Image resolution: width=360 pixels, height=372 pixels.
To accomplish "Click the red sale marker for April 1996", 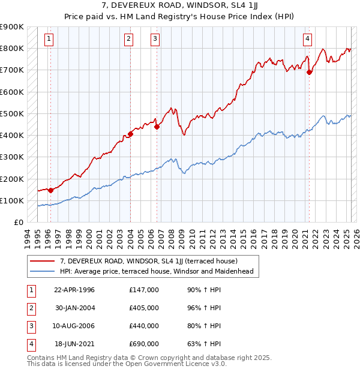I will (50, 190).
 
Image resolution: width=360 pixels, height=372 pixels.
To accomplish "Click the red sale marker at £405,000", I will (130, 134).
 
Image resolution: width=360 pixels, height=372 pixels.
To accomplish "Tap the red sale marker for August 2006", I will (156, 127).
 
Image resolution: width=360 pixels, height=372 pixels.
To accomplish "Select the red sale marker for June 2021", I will (309, 72).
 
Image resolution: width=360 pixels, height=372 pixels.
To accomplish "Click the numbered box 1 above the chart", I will (49, 40).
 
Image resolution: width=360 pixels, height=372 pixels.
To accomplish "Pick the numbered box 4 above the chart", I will (307, 40).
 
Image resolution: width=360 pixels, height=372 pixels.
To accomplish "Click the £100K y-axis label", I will (12, 200).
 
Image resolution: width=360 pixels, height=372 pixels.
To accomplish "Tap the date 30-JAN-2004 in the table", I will (74, 308).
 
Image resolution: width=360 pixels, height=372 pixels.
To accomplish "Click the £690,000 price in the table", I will (144, 344).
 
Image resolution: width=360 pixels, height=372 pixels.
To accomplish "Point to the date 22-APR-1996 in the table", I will (74, 290).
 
